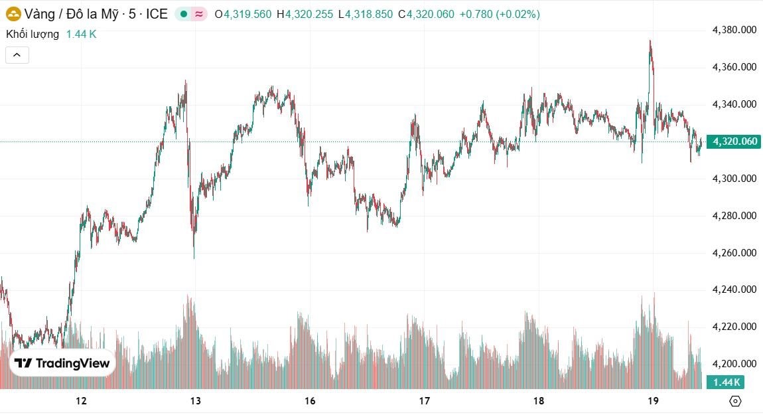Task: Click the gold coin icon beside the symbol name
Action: pos(13,14)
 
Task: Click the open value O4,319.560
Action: pos(243,14)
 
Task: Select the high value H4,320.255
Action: pos(306,14)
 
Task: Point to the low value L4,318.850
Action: pos(366,14)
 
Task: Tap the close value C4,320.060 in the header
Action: pos(427,14)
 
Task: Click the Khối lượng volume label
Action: pos(33,34)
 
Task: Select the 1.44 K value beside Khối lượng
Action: pos(81,34)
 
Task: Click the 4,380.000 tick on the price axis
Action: pos(734,30)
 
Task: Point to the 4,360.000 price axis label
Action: pos(734,67)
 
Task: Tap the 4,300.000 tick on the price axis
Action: pos(734,179)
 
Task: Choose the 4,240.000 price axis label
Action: pos(734,290)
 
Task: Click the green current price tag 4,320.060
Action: pos(734,141)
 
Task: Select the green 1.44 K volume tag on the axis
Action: pos(725,382)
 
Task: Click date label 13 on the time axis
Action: pos(196,401)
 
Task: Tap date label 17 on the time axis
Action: pos(425,401)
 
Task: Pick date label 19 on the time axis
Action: pos(653,401)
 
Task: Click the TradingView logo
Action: pos(62,363)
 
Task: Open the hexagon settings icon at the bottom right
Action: pos(735,401)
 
